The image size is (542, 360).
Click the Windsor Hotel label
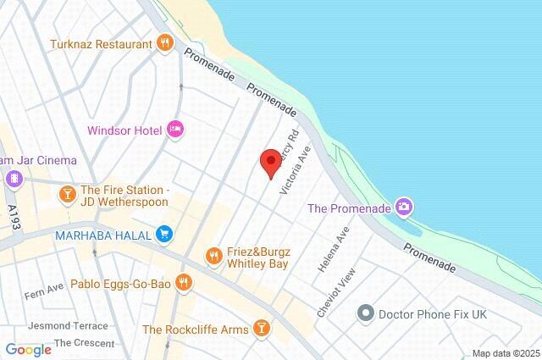pyautogui.click(x=125, y=131)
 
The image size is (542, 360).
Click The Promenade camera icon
pyautogui.click(x=405, y=207)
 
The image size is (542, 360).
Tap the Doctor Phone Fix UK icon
pyautogui.click(x=365, y=313)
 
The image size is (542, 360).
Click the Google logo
pyautogui.click(x=28, y=349)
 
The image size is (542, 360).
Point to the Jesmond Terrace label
pyautogui.click(x=68, y=325)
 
